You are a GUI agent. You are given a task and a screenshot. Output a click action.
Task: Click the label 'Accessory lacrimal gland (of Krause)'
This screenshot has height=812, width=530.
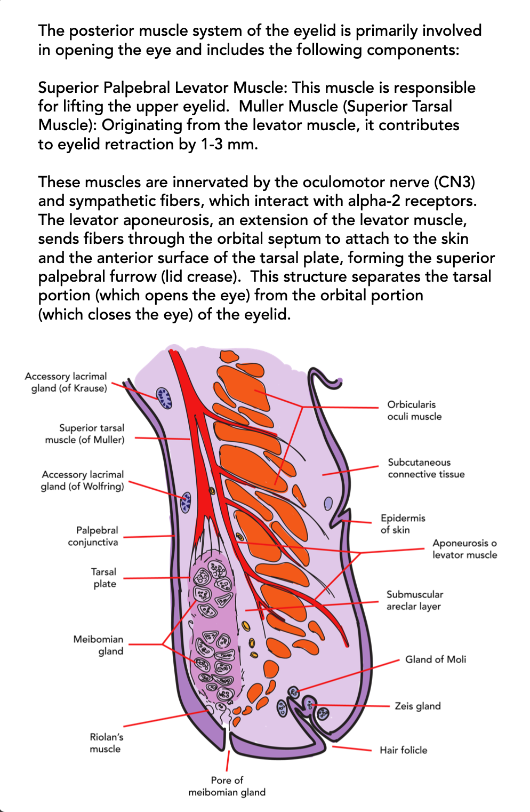pyautogui.click(x=66, y=382)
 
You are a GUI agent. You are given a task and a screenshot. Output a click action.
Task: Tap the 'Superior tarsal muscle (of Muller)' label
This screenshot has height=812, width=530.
pyautogui.click(x=84, y=434)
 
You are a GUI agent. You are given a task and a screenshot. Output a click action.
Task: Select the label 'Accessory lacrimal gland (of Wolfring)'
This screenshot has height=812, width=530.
pyautogui.click(x=82, y=480)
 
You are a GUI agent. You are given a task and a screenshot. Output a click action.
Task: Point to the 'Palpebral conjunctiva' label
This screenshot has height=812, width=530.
pyautogui.click(x=93, y=536)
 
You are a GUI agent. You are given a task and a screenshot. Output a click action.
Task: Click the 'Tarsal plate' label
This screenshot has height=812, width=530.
pyautogui.click(x=103, y=577)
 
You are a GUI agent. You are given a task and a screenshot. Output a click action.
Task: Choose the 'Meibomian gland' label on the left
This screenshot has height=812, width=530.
pyautogui.click(x=98, y=645)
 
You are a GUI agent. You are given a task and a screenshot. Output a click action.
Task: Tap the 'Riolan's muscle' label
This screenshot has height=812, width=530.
pyautogui.click(x=105, y=743)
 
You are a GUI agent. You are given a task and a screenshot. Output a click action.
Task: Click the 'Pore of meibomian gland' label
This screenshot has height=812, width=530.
pyautogui.click(x=227, y=786)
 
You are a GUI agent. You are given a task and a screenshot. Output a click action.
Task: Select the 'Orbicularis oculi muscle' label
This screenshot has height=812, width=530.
pyautogui.click(x=414, y=410)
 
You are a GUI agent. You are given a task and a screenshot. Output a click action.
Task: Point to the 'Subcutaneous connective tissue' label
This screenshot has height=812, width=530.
pyautogui.click(x=426, y=468)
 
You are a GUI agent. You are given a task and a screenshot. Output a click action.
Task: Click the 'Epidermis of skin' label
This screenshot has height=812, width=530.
pyautogui.click(x=403, y=524)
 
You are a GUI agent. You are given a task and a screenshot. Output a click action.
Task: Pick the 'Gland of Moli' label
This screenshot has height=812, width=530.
pyautogui.click(x=436, y=659)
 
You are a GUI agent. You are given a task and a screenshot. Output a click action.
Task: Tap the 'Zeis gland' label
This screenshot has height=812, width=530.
pyautogui.click(x=417, y=706)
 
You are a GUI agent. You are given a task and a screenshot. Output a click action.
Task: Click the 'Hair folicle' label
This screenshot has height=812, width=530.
pyautogui.click(x=403, y=750)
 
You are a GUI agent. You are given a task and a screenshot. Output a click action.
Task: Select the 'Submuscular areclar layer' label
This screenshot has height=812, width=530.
pyautogui.click(x=415, y=600)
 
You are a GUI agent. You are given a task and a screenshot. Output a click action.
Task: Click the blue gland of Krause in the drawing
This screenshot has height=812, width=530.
pyautogui.click(x=164, y=398)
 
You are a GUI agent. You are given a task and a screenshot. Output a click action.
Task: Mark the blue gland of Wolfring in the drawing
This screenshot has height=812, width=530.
pyautogui.click(x=186, y=502)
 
